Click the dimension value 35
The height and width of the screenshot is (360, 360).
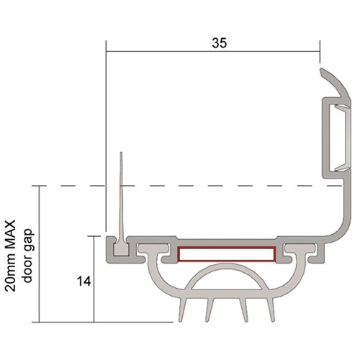click(220, 42)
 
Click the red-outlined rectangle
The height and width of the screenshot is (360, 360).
click(225, 253)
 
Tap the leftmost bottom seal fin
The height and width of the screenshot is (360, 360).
click(179, 310)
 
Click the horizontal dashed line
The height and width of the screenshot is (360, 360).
click(216, 186)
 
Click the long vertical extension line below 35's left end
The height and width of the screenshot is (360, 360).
click(106, 144)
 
